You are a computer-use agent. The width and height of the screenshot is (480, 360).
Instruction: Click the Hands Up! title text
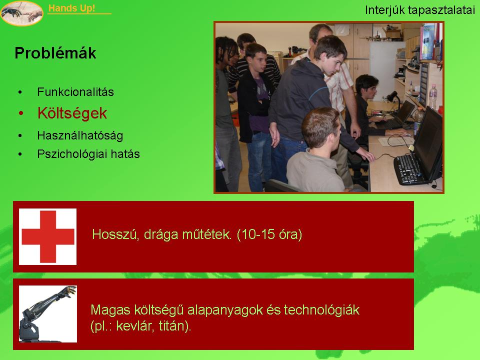[71, 8]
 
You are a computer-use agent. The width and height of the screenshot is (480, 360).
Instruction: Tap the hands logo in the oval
[21, 13]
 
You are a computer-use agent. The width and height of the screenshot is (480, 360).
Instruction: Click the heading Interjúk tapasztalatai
[420, 10]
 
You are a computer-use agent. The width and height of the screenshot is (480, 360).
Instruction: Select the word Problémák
[55, 53]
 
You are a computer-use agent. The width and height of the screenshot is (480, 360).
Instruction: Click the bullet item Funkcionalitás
[75, 92]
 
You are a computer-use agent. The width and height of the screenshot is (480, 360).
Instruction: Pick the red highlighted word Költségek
[72, 113]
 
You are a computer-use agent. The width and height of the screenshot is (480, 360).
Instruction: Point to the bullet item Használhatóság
[80, 135]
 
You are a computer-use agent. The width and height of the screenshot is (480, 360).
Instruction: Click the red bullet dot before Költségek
[21, 113]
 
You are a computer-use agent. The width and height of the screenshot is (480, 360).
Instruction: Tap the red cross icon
[48, 236]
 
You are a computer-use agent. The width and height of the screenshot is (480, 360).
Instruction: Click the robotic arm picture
[48, 314]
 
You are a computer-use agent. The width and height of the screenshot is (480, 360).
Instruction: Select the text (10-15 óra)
[269, 234]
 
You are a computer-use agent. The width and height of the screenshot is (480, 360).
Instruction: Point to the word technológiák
[321, 310]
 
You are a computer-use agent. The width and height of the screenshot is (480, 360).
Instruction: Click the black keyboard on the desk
[409, 169]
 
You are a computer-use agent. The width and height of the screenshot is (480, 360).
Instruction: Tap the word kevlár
[136, 326]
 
